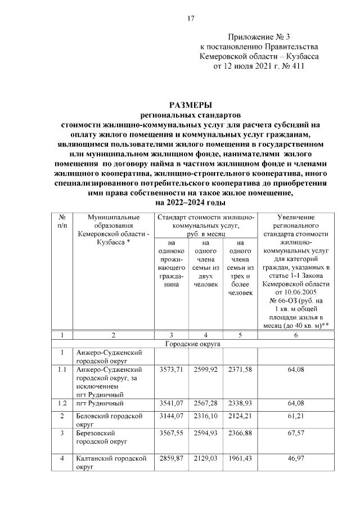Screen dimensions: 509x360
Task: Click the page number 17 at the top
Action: click(x=191, y=19)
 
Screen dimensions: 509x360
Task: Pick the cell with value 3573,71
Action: click(x=170, y=369)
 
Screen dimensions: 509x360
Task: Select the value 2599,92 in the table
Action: click(x=205, y=369)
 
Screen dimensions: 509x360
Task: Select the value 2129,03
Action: click(x=205, y=459)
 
